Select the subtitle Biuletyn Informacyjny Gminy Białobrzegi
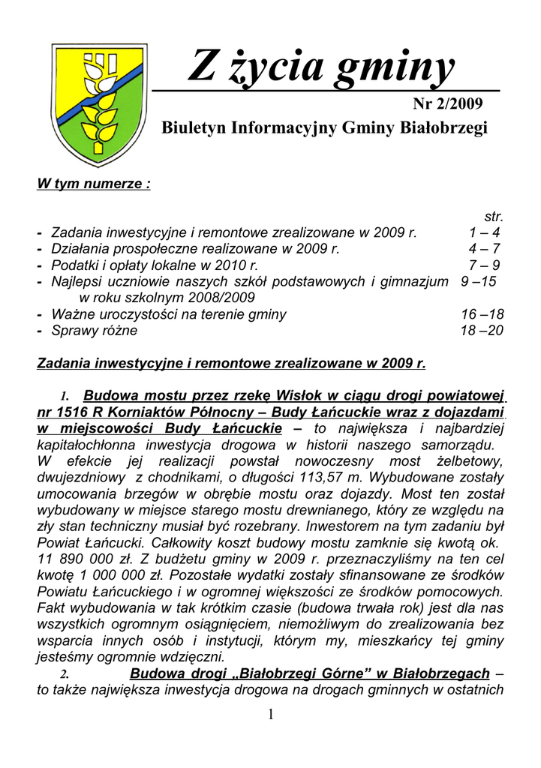[325, 127]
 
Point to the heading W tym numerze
[94, 184]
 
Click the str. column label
[493, 217]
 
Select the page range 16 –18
[481, 314]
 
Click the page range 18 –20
[481, 330]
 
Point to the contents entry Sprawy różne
[95, 330]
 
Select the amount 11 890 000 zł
[86, 559]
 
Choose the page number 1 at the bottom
[270, 715]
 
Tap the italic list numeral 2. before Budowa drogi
[65, 674]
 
